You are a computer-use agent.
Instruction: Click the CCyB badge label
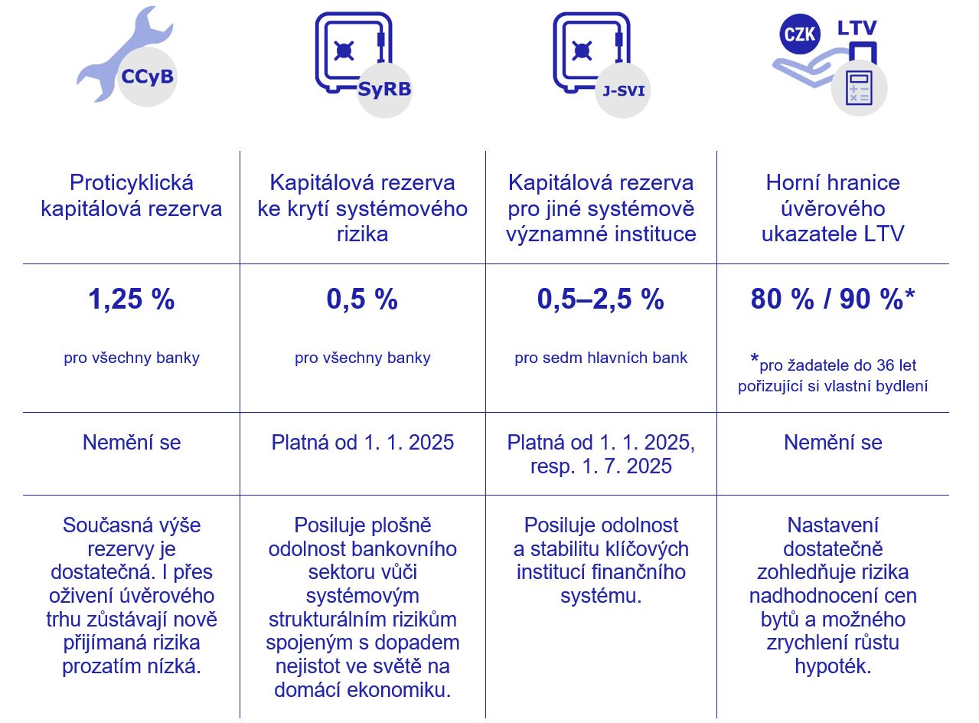147,77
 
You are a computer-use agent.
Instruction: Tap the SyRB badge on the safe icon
384,89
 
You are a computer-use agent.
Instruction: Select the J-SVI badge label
623,90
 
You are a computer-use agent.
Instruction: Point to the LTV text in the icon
857,28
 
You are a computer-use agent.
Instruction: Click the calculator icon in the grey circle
859,89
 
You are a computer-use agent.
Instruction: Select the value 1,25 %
132,299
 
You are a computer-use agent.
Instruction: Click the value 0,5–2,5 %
601,299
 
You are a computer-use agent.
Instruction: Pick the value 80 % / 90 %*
833,299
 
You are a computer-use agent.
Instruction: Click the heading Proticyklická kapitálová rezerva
132,196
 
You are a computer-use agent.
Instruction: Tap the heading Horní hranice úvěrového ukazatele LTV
833,208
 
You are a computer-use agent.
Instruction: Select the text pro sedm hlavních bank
601,358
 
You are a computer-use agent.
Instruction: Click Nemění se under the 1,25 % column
132,443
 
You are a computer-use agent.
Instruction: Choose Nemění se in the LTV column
833,443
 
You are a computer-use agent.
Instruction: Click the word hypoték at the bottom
833,666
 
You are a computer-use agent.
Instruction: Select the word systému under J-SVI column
601,596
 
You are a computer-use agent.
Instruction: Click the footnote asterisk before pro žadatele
755,360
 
